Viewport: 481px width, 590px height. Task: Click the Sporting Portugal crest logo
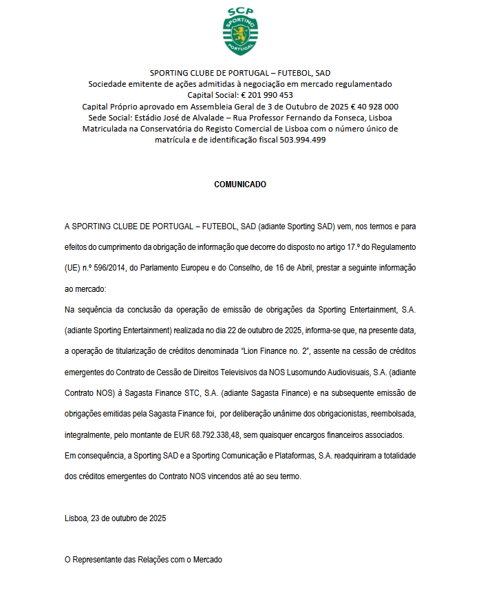[240, 32]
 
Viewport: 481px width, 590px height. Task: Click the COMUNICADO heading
[240, 185]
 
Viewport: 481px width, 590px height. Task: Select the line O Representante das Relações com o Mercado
[143, 560]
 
